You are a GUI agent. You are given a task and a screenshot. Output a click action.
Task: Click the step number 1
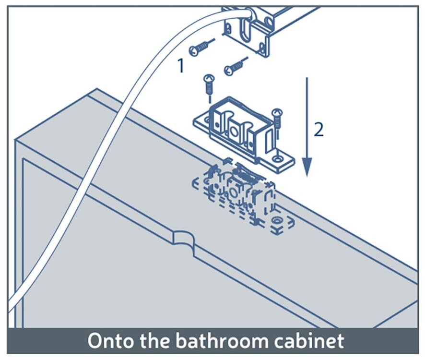point(181,66)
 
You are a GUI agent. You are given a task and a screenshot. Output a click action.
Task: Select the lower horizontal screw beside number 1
point(236,66)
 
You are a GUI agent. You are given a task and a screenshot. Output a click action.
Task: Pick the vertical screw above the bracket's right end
point(277,122)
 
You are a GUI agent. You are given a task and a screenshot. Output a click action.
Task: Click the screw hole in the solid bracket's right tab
point(277,158)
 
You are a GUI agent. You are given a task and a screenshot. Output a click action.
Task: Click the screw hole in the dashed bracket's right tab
point(277,219)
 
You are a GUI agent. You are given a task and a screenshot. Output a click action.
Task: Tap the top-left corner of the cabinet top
point(97,89)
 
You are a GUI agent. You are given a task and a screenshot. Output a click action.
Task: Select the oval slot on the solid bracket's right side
point(269,139)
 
